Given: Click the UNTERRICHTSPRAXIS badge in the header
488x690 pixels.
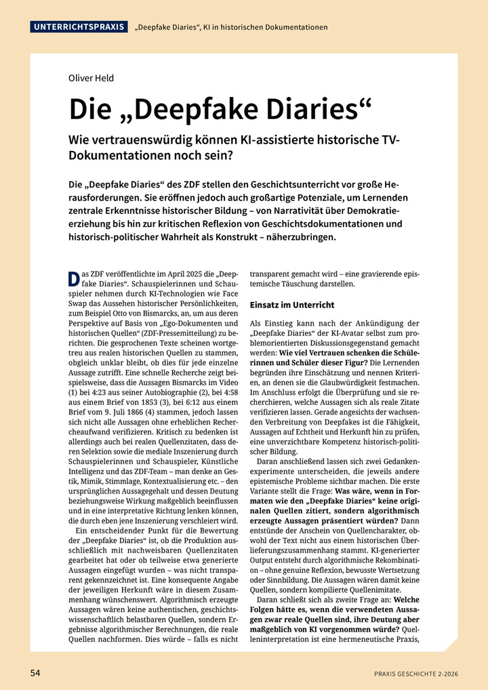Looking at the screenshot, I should (x=79, y=27).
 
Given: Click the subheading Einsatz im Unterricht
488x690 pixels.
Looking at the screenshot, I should (x=292, y=305).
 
